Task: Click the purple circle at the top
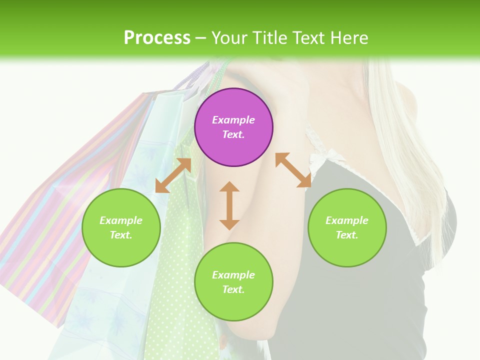[233, 127]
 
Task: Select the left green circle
[121, 227]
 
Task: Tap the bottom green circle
[233, 282]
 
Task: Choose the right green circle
[347, 227]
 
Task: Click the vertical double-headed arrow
[229, 205]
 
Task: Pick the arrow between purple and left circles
[173, 175]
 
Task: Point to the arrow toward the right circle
[293, 170]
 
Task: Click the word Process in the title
[157, 37]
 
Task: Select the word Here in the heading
[349, 37]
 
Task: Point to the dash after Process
[201, 38]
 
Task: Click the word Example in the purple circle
[233, 120]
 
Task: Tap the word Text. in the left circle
[121, 235]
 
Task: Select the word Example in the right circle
[347, 220]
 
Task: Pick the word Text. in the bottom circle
[233, 289]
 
